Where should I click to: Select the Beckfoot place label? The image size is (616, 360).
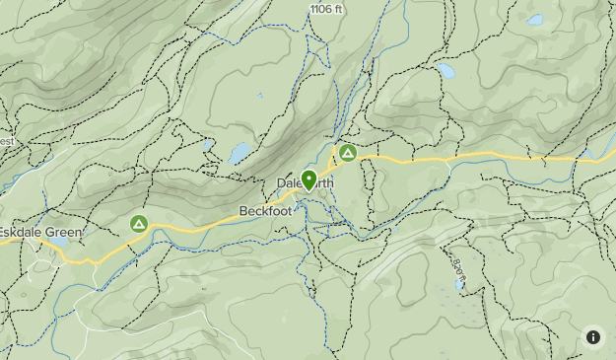[x=266, y=211]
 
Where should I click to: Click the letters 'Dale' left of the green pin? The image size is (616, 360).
[x=288, y=183]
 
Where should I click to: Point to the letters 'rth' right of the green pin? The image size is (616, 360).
[x=325, y=183]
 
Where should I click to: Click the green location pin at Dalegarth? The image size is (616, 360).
[x=308, y=180]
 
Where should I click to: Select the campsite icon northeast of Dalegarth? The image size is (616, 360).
[x=347, y=153]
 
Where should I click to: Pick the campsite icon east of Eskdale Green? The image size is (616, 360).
[x=139, y=224]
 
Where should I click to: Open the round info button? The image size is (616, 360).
[x=592, y=336]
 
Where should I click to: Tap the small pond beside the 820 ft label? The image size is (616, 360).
[x=458, y=285]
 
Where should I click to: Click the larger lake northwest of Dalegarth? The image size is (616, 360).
[x=240, y=153]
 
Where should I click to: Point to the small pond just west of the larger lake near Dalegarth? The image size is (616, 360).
[x=208, y=145]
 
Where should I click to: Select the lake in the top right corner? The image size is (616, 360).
[x=534, y=20]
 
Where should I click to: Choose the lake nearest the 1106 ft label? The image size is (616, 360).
[x=446, y=70]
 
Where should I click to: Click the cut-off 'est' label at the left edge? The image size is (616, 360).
[x=7, y=142]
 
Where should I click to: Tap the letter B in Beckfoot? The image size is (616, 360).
[x=243, y=211]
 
